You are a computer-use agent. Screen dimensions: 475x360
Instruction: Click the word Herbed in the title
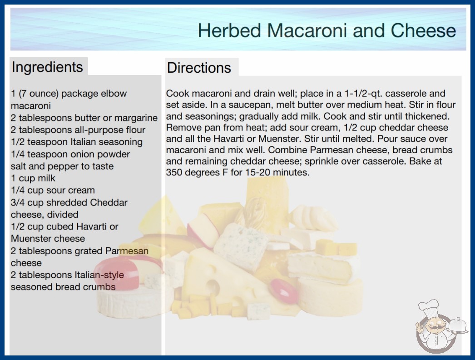(229, 30)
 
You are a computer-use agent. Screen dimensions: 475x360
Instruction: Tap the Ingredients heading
(47, 67)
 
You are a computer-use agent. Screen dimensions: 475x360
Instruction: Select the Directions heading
(199, 68)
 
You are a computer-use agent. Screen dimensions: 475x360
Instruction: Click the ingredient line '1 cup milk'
(33, 178)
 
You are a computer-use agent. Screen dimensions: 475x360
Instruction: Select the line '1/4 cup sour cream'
(53, 190)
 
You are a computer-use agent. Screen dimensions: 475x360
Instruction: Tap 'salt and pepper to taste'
(62, 166)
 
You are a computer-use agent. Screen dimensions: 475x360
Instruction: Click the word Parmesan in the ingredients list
(127, 251)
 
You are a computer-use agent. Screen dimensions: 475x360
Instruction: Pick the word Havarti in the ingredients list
(91, 226)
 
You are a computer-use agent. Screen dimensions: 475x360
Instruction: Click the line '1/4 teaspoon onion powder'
(70, 154)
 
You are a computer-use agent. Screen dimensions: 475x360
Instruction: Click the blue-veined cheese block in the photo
(241, 245)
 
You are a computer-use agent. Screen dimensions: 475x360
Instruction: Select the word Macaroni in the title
(307, 30)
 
